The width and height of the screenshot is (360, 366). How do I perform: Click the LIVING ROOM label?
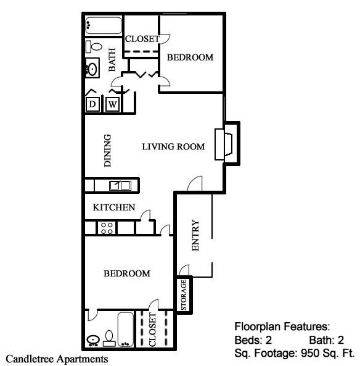(x=173, y=147)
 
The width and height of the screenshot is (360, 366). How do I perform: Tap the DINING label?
(x=108, y=151)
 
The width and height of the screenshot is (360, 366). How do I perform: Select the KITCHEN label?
(x=114, y=208)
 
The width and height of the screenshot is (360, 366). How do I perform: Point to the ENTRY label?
(x=196, y=236)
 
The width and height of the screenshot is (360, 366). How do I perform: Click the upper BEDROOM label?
(x=190, y=57)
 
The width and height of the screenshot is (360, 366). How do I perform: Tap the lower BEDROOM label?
(x=126, y=273)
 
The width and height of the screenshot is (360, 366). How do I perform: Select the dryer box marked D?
(x=92, y=104)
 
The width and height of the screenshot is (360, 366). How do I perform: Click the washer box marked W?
(x=113, y=104)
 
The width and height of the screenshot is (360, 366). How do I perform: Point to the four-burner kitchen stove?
(x=107, y=227)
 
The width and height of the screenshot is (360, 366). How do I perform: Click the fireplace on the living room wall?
(x=223, y=144)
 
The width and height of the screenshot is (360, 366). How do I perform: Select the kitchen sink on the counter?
(x=120, y=185)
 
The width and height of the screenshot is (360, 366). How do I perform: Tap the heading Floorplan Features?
(x=283, y=326)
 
